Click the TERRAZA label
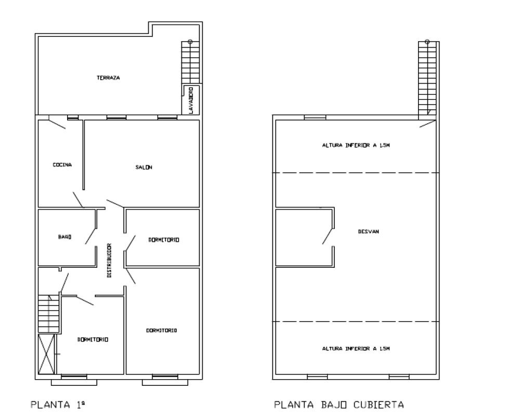108,78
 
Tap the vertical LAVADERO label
191,100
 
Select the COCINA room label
62,165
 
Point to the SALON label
144,167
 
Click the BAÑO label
64,237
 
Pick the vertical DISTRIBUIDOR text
109,261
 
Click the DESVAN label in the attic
369,231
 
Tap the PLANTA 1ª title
58,405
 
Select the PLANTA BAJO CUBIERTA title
339,405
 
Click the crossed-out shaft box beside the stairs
46,354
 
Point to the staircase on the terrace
190,62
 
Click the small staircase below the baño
49,314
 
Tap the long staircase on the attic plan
427,80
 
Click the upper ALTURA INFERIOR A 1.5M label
356,145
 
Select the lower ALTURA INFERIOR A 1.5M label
356,348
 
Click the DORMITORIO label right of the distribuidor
164,240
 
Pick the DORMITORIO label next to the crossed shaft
93,340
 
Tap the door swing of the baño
90,236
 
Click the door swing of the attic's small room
328,236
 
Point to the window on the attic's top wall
315,117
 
